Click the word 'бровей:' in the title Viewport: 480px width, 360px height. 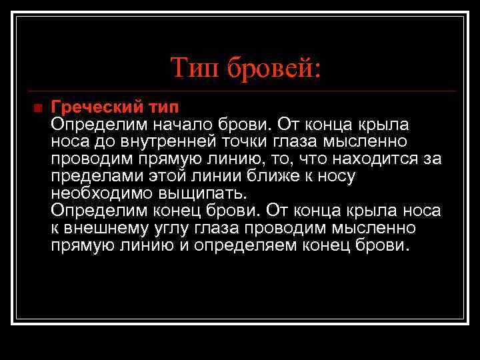click(x=275, y=67)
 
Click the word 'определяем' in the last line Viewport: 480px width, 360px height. click(x=263, y=245)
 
